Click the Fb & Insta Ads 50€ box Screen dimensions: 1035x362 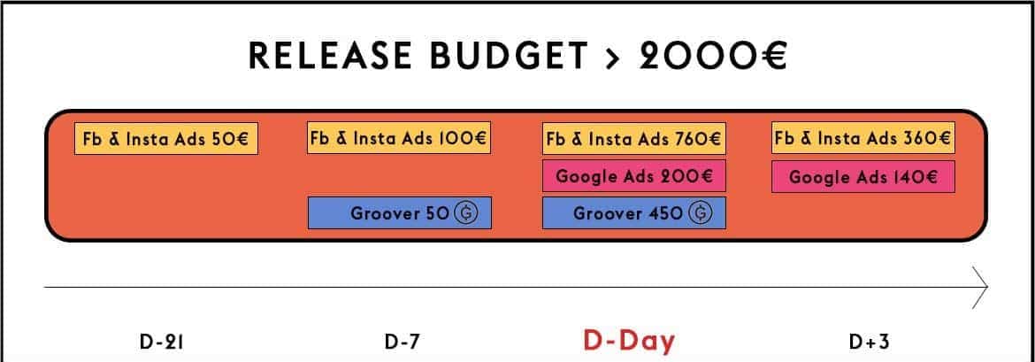166,139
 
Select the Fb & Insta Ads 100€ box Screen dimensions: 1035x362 399,137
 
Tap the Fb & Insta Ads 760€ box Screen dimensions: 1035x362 634,139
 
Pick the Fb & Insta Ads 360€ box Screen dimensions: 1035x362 863,137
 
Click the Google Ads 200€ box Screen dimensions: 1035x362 634,176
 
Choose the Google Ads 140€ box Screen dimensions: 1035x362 863,176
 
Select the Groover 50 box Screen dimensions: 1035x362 400,212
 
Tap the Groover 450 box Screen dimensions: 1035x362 634,212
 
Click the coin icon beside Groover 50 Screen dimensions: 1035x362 466,213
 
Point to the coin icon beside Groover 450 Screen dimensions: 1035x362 701,213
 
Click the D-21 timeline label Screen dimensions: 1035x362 163,342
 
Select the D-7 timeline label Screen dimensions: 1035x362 402,342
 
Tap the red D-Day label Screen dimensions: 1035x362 630,341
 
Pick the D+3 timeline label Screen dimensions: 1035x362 870,342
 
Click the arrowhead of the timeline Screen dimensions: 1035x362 980,288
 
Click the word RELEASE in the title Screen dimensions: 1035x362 331,56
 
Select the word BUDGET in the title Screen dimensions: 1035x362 509,56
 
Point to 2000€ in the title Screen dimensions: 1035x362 713,56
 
